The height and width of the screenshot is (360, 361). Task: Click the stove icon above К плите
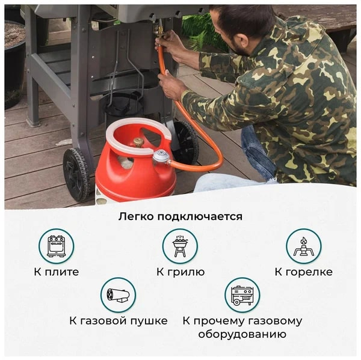pos(57,246)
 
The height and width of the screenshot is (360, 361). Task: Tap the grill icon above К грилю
pos(180,246)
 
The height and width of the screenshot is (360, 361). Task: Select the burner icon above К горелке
pos(304,246)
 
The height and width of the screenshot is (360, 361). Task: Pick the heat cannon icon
pos(118,295)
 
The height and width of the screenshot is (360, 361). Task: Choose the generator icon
pos(242,295)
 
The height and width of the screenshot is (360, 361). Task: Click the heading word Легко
pos(136,217)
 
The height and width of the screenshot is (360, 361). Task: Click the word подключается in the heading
pos(200,217)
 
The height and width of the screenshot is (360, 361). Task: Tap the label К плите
pos(57,272)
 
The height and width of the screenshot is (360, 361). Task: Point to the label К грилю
pos(180,272)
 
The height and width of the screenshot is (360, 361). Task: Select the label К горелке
pos(304,272)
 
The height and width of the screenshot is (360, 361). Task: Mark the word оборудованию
pos(242,334)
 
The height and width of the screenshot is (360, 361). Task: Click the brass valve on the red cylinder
pos(138,142)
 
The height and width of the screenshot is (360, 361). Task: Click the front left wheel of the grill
pos(76,175)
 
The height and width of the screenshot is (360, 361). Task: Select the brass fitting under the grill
pos(159,31)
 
